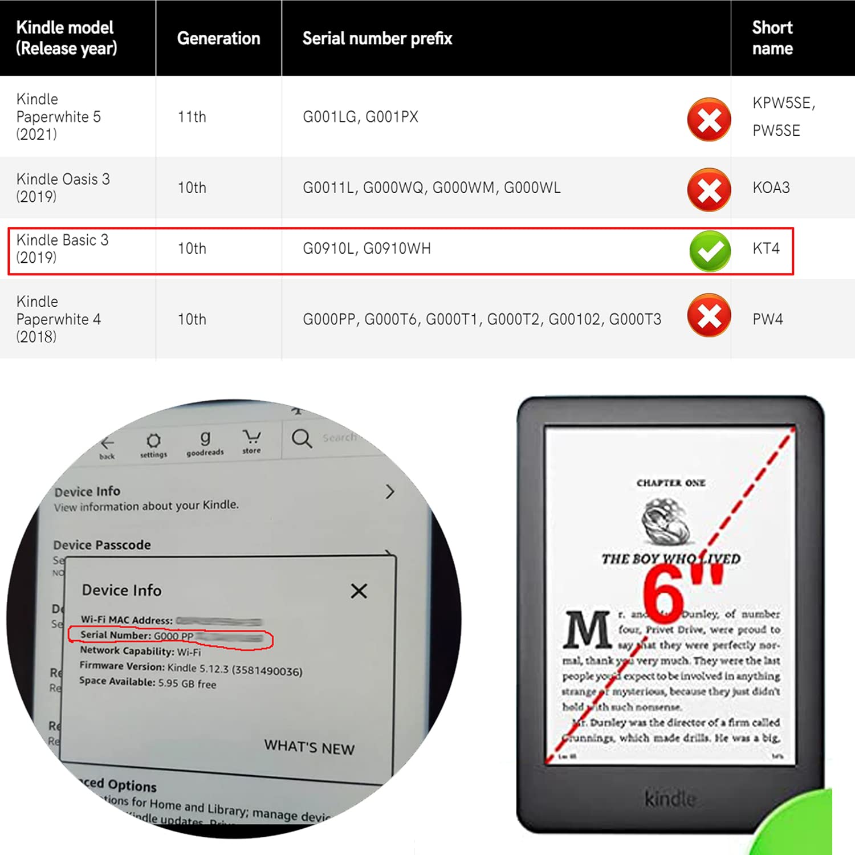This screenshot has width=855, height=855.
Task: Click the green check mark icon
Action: [710, 251]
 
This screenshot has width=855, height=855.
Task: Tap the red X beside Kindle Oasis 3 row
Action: [709, 189]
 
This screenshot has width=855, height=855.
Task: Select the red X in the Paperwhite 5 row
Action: [709, 120]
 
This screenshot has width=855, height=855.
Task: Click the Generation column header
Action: [218, 38]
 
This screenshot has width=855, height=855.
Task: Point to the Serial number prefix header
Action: [377, 38]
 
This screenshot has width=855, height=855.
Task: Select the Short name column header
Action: [772, 38]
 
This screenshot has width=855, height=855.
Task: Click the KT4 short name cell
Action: [766, 249]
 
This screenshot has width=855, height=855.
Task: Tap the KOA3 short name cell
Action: [771, 188]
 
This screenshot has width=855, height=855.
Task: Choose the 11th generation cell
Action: [192, 117]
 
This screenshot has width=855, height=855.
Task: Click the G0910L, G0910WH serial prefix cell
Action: [367, 249]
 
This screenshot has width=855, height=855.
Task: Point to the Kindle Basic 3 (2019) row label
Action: [62, 249]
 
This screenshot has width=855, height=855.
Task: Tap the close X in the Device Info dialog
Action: [359, 591]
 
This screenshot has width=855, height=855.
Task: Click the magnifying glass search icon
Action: [302, 438]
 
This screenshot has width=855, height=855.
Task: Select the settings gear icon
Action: [153, 441]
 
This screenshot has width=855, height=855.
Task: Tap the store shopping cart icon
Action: [251, 438]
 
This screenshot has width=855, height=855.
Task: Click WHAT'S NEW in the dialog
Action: [309, 747]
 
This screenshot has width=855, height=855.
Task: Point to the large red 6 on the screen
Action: [663, 596]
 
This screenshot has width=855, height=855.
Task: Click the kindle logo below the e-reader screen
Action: [670, 799]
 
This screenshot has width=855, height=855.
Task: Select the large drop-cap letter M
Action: [587, 630]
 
